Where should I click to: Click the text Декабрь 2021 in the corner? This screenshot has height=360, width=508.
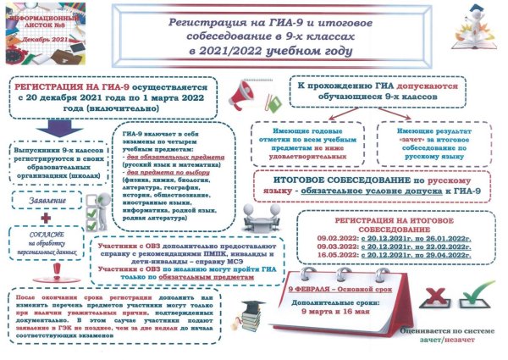click(35, 37)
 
